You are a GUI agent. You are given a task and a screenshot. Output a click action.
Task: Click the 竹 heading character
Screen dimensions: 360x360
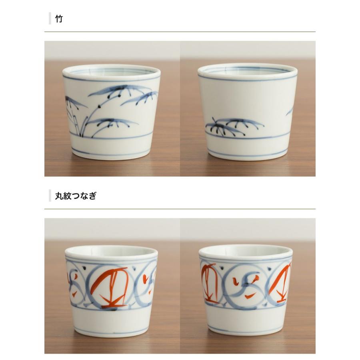(x=59, y=19)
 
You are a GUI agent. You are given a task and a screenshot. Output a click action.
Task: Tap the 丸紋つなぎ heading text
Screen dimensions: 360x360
(x=76, y=196)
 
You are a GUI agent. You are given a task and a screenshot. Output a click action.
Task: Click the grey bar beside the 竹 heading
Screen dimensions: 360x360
(x=50, y=19)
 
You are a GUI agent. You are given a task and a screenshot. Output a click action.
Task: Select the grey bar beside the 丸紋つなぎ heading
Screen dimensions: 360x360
(x=50, y=196)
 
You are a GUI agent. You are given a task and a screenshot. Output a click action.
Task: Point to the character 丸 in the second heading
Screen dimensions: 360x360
(x=59, y=196)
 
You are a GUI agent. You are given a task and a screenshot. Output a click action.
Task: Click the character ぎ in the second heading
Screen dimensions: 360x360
(x=92, y=196)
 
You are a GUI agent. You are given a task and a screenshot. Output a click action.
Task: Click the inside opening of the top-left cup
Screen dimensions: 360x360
(x=111, y=71)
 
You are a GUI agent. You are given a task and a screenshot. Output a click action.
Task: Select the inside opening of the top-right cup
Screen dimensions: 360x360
(x=247, y=70)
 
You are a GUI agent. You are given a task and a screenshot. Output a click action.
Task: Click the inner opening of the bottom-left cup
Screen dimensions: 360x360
(x=111, y=251)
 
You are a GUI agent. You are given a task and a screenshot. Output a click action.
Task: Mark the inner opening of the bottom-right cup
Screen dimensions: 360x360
(x=246, y=250)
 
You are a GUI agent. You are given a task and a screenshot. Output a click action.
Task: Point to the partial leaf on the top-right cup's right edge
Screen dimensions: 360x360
(x=290, y=111)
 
